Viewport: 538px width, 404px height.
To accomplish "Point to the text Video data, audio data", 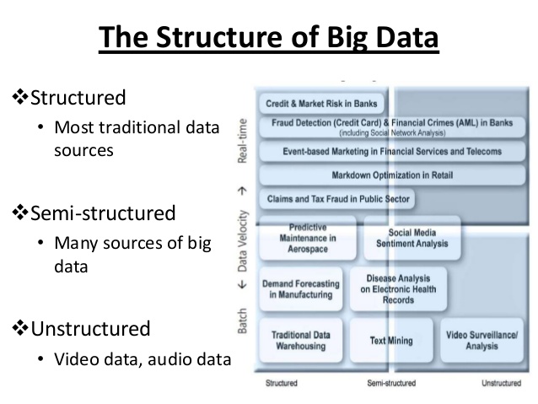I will tap(143, 358).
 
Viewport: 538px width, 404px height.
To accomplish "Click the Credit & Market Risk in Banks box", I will tap(321, 105).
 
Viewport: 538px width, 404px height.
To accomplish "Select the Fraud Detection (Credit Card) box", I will tap(392, 127).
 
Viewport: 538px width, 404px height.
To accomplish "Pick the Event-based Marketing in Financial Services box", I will tap(392, 152).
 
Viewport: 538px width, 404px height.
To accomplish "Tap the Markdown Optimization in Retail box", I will tap(392, 175).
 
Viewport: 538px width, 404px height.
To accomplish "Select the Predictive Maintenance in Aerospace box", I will tap(308, 238).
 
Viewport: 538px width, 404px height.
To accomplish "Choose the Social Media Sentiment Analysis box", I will tap(412, 238).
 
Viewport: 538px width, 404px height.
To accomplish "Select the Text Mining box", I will tap(391, 341).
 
